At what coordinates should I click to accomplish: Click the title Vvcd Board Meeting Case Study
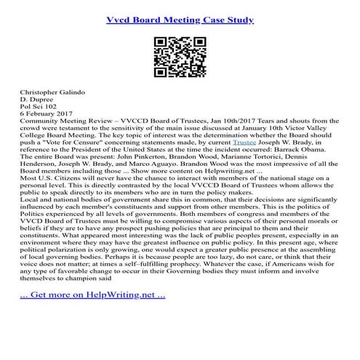click(x=180, y=20)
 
